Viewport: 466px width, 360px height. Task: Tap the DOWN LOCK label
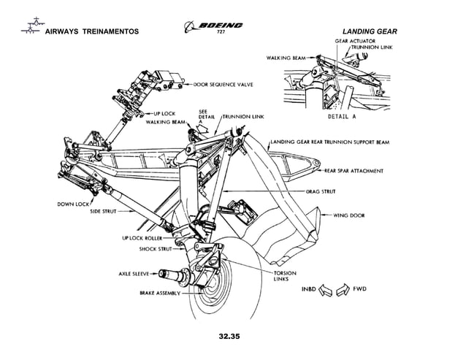coord(75,203)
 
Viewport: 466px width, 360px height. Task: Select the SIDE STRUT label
coord(107,211)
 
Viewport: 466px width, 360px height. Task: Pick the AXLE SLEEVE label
coord(133,274)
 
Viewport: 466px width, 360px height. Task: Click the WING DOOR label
coord(348,215)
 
